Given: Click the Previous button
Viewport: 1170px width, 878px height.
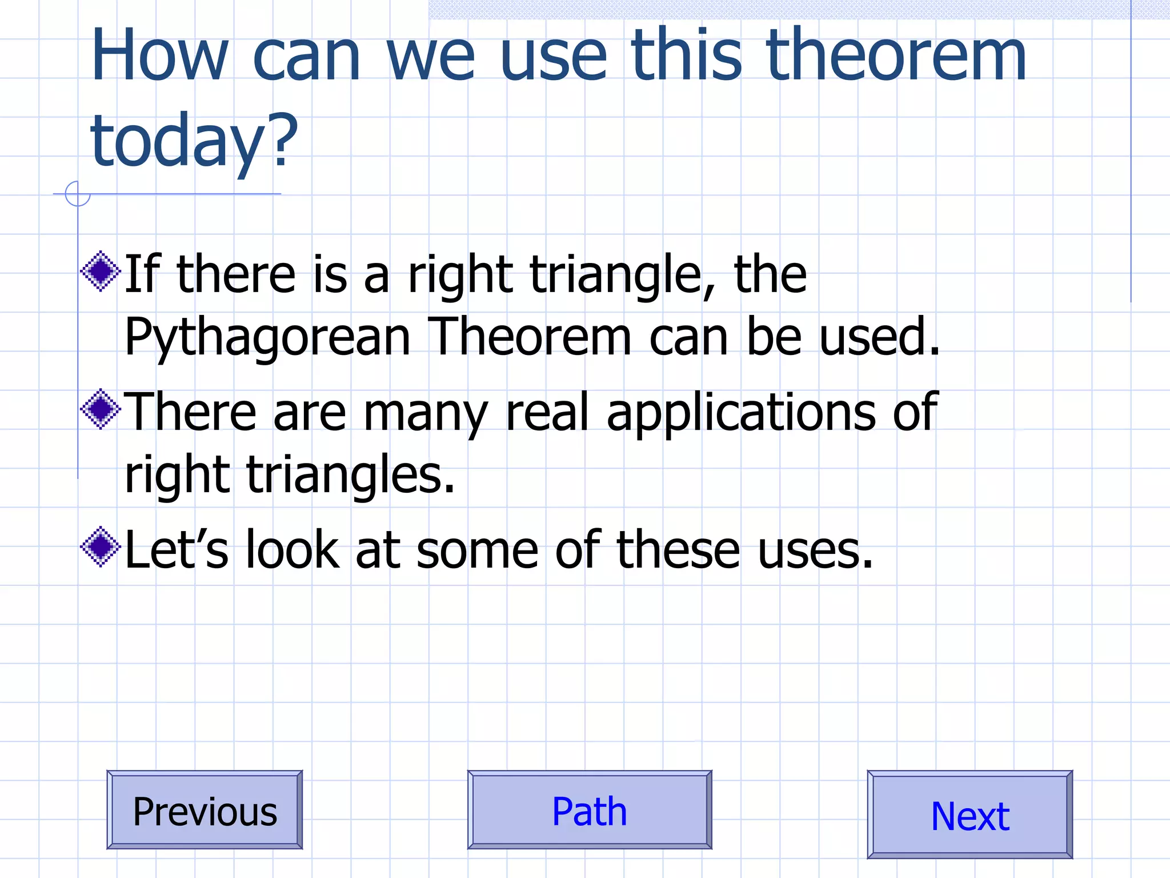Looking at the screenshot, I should click(x=205, y=810).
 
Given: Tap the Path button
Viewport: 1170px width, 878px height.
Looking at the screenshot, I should click(x=590, y=810).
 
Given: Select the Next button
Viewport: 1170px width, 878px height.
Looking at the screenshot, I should click(x=969, y=815).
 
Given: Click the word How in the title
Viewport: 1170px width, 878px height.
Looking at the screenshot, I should click(x=160, y=57).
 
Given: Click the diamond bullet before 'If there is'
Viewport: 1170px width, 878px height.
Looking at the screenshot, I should click(x=101, y=271).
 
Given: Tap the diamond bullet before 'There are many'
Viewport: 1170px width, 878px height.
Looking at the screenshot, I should click(x=101, y=409).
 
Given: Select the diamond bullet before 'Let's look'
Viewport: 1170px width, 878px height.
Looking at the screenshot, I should click(x=101, y=546).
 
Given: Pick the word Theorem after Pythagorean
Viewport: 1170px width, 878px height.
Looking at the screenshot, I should click(x=529, y=337).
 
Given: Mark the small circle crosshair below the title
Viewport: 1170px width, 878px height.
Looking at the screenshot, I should click(x=78, y=194).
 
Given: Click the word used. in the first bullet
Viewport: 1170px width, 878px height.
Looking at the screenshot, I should click(x=879, y=337).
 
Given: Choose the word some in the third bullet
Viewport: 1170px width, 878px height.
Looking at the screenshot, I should click(x=478, y=550).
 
